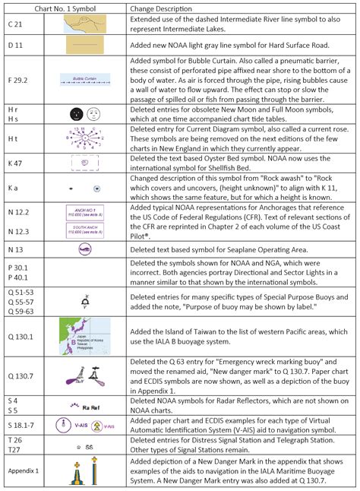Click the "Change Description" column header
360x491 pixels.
pos(164,8)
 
